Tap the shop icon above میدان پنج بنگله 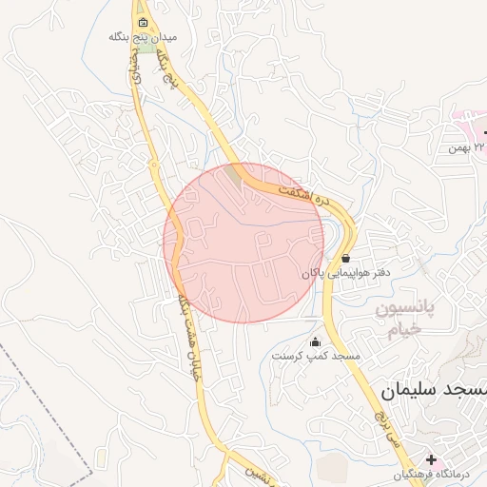[143, 22]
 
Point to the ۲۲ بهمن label [467, 148]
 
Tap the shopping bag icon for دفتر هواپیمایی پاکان [344, 258]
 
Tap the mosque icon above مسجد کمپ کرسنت [316, 341]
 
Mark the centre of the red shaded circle [244, 242]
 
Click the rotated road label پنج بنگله [166, 67]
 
